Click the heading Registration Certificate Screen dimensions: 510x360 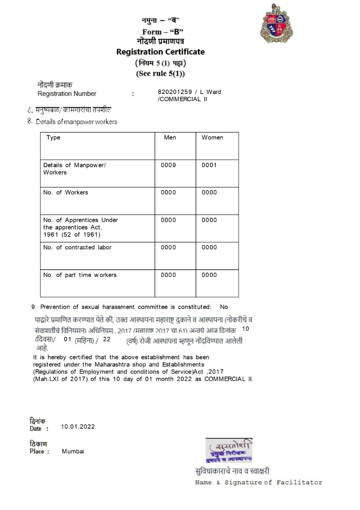click(x=160, y=52)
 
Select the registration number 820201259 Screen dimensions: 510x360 click(x=175, y=92)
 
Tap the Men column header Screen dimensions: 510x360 click(x=170, y=137)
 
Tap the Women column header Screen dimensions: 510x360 click(x=212, y=137)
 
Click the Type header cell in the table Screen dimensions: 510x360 click(x=53, y=137)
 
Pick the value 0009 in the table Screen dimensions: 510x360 click(x=168, y=165)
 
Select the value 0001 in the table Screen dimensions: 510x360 click(x=209, y=165)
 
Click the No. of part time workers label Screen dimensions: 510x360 click(x=80, y=275)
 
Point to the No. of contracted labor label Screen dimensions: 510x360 click(x=77, y=247)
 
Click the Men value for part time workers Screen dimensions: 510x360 click(x=168, y=275)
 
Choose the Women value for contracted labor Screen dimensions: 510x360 click(x=209, y=247)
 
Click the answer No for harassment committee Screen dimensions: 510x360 click(x=224, y=307)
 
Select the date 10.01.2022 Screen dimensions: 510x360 click(x=78, y=426)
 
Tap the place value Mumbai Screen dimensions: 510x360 click(x=73, y=451)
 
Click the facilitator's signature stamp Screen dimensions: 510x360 click(x=229, y=450)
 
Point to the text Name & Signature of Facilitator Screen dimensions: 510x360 click(x=258, y=483)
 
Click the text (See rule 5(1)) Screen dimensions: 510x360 click(x=160, y=74)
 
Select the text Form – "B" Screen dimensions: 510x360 click(x=162, y=32)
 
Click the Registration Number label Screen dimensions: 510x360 click(x=67, y=94)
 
